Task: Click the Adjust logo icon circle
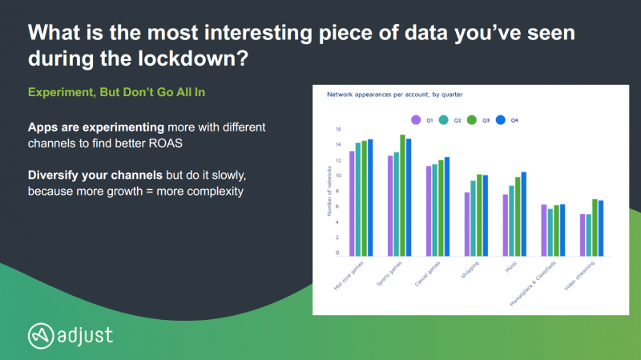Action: point(41,336)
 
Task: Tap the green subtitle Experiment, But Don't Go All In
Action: point(116,92)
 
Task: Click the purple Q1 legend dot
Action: point(416,119)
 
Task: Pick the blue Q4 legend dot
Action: point(500,119)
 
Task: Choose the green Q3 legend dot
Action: point(472,119)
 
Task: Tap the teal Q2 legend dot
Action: point(444,119)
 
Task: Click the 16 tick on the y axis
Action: point(338,129)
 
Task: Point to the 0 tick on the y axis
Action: point(337,253)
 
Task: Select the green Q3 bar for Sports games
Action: point(403,196)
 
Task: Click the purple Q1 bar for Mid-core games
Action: point(352,204)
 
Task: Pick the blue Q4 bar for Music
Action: point(524,214)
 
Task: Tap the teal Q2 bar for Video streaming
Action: point(589,235)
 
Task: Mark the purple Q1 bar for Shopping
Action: point(467,224)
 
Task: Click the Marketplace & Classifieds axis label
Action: point(533,284)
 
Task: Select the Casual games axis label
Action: point(428,273)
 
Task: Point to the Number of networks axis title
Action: point(329,191)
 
